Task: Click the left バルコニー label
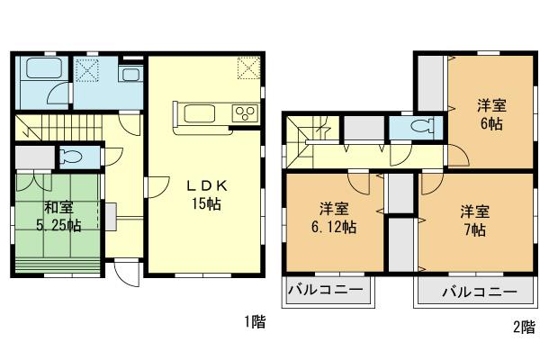point(325,292)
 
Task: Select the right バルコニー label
point(480,292)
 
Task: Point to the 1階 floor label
point(254,322)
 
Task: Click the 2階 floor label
point(523,328)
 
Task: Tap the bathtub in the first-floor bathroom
point(38,71)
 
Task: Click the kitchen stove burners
point(245,112)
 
